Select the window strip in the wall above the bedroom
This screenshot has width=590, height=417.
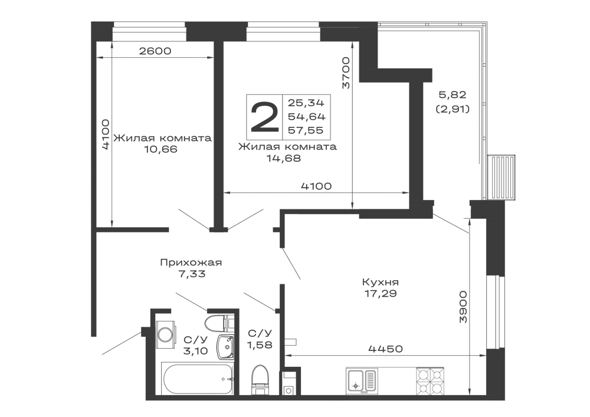tap(283, 35)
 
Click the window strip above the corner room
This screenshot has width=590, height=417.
tap(148, 35)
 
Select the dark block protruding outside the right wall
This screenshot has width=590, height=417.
tap(506, 176)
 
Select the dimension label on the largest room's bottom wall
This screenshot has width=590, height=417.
tap(386, 350)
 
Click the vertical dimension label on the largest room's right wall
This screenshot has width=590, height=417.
tap(464, 306)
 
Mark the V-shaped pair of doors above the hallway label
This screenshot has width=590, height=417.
tap(219, 221)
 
